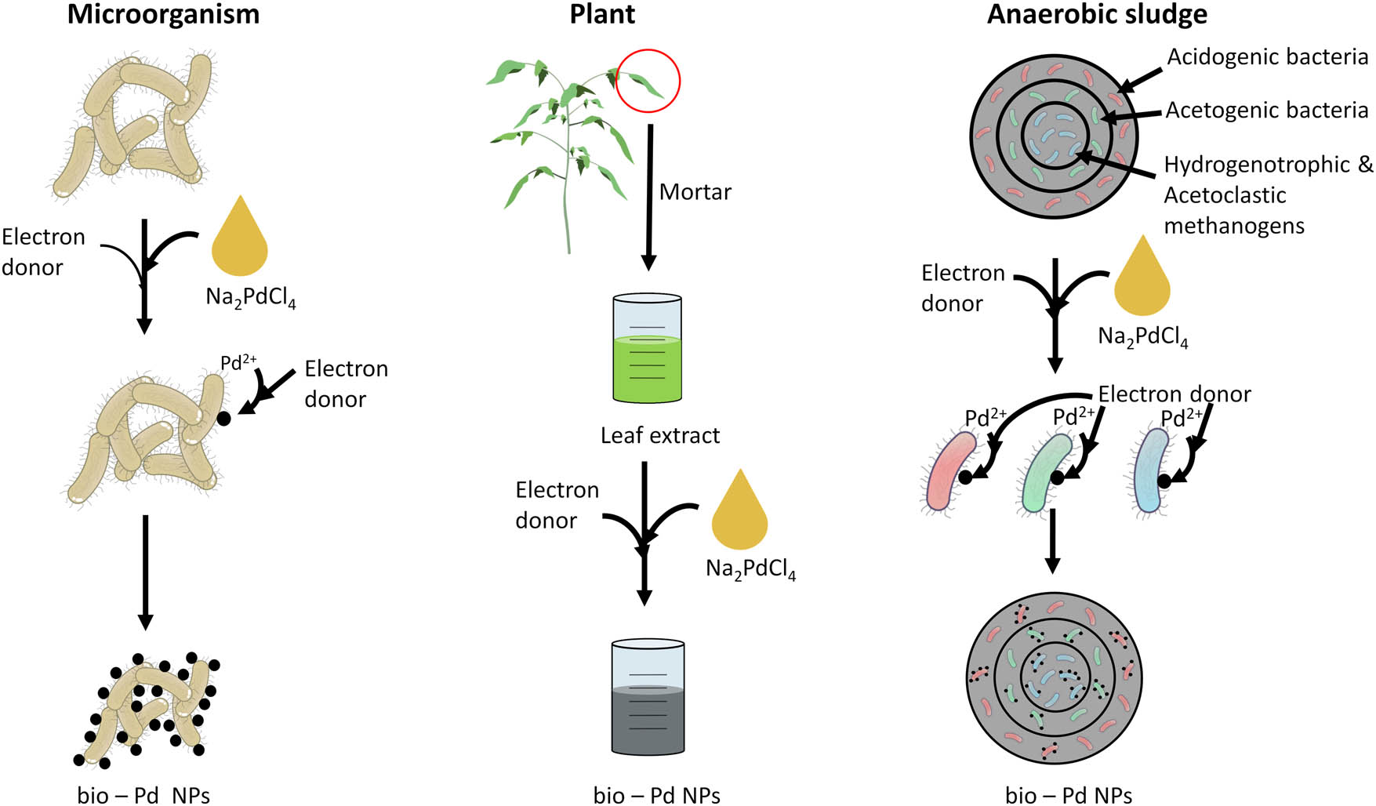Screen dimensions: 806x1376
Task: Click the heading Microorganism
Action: [x=163, y=15]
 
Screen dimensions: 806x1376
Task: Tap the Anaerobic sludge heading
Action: [x=1097, y=15]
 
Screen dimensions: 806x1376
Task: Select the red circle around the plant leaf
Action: [x=648, y=81]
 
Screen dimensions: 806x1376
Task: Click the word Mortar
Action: [x=695, y=192]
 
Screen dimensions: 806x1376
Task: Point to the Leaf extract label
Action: [x=659, y=436]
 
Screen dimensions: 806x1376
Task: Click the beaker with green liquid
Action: [x=648, y=349]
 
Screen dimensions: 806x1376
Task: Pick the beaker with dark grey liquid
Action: [x=648, y=698]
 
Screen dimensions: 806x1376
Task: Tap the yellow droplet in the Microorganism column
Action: [x=240, y=239]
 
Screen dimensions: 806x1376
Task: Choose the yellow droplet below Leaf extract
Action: [x=739, y=514]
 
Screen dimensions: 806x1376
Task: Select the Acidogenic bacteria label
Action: [x=1267, y=57]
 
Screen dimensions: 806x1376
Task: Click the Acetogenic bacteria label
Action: [x=1266, y=111]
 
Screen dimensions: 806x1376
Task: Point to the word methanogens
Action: [x=1234, y=226]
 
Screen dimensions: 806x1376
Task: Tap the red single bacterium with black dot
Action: [x=950, y=472]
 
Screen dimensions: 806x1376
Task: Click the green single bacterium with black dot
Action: [x=1047, y=473]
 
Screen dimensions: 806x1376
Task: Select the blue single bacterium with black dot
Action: [x=1152, y=470]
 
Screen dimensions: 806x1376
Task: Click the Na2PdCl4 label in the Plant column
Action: [x=750, y=569]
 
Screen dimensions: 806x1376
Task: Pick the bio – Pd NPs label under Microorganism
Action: [x=143, y=796]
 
